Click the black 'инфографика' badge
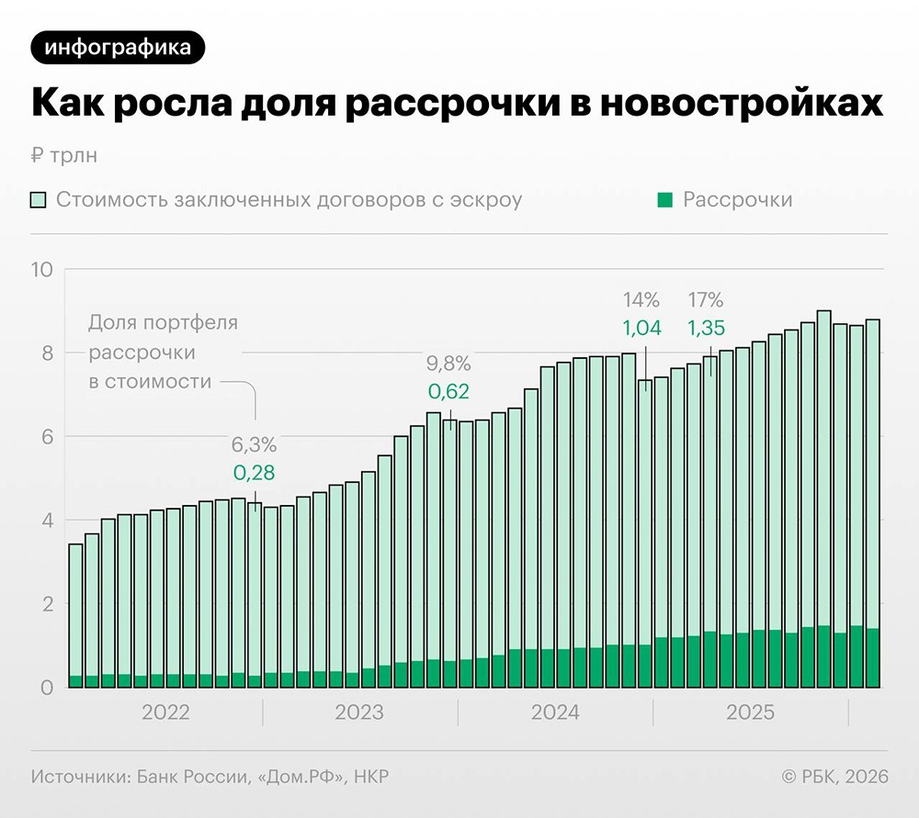click(x=118, y=47)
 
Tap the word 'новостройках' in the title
click(x=741, y=104)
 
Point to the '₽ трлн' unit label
click(x=63, y=155)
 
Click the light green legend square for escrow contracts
click(x=39, y=200)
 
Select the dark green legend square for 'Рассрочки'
click(x=666, y=200)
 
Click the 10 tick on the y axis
click(x=44, y=269)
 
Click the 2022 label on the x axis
click(x=165, y=712)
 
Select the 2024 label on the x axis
click(x=555, y=712)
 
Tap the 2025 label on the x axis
click(x=750, y=712)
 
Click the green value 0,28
click(x=254, y=474)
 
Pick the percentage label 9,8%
click(x=448, y=363)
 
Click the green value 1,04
click(x=641, y=328)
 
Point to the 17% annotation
click(x=706, y=299)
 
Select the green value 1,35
click(x=706, y=328)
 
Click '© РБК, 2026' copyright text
click(x=834, y=777)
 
